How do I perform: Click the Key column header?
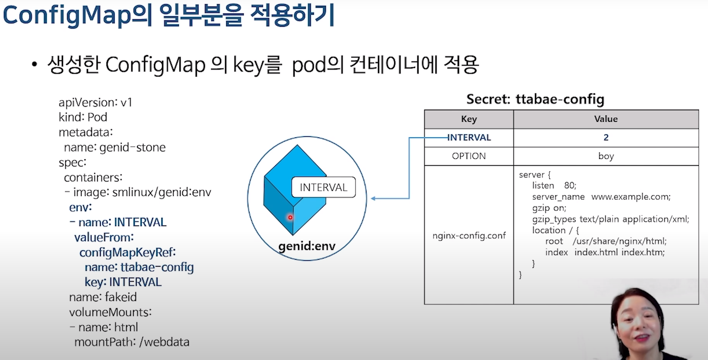pyautogui.click(x=469, y=119)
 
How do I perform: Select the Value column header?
pyautogui.click(x=606, y=119)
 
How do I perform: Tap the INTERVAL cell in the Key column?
pyautogui.click(x=469, y=138)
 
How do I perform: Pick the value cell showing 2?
pyautogui.click(x=606, y=138)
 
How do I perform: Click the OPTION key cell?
pyautogui.click(x=469, y=156)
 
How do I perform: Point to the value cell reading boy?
pyautogui.click(x=606, y=156)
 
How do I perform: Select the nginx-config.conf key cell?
pyautogui.click(x=469, y=235)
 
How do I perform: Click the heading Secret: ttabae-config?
pyautogui.click(x=535, y=99)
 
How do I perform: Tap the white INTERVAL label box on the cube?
pyautogui.click(x=324, y=187)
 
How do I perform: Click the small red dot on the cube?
pyautogui.click(x=290, y=217)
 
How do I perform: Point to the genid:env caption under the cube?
pyautogui.click(x=307, y=246)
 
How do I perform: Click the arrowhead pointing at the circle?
pyautogui.click(x=373, y=199)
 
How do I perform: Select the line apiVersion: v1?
pyautogui.click(x=95, y=102)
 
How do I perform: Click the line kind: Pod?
pyautogui.click(x=83, y=117)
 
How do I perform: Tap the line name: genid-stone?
pyautogui.click(x=114, y=147)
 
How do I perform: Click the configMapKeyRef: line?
pyautogui.click(x=127, y=252)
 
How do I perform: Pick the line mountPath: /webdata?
pyautogui.click(x=132, y=342)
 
